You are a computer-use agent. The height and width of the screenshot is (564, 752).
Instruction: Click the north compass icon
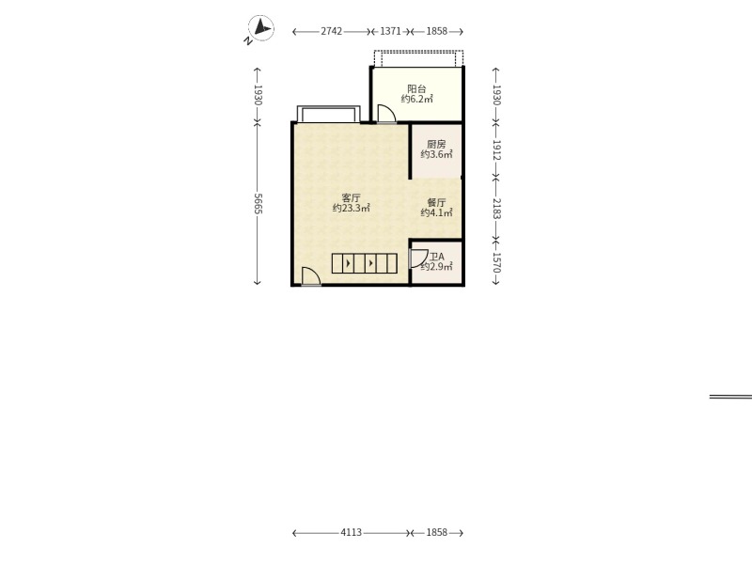pos(260,28)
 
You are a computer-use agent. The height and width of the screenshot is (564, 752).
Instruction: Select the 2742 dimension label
pos(332,31)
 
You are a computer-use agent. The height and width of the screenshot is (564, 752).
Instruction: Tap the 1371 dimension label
pos(390,31)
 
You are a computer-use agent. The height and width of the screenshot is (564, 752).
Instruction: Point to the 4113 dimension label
pos(351,532)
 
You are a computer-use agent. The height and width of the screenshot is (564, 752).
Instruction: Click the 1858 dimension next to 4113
pos(436,532)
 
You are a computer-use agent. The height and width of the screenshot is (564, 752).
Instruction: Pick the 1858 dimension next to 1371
pos(436,31)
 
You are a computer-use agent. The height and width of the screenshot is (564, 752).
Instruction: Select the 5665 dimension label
pos(258,204)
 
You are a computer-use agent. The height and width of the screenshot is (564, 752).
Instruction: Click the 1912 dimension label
pos(496,150)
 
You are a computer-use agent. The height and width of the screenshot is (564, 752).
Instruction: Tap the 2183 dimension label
pos(496,209)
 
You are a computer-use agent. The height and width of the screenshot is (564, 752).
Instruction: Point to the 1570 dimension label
pos(496,263)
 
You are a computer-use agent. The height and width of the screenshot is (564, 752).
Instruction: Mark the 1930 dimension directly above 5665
pos(258,95)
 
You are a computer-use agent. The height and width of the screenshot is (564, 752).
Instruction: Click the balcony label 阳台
pos(416,88)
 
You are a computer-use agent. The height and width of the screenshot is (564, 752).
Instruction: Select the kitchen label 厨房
pos(436,144)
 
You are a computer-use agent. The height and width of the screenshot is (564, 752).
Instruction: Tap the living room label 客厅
pos(351,197)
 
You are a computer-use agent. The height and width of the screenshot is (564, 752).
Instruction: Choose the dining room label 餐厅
pos(436,202)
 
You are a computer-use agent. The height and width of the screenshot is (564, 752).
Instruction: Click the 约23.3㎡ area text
pos(351,208)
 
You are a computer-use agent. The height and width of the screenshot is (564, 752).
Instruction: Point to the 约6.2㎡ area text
pos(416,100)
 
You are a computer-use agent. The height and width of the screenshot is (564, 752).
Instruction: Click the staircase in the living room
pos(365,263)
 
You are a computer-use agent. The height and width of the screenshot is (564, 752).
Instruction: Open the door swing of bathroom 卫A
pos(418,259)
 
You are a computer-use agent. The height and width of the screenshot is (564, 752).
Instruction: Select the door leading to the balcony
pos(386,114)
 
